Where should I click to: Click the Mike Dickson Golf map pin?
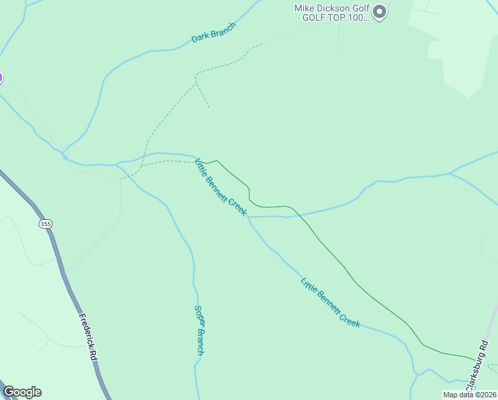pos(379,12)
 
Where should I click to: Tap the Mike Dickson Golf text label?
pos(331,13)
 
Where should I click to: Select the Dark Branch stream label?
pos(214,33)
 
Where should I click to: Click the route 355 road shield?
pos(45,224)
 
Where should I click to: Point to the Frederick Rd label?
pos(88,337)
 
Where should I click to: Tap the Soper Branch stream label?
pos(198,329)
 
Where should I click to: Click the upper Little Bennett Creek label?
pos(220,187)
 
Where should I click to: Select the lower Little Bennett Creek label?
pos(330,302)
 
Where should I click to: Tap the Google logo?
pos(22,392)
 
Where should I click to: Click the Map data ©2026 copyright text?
pos(469,395)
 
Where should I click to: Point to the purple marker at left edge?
pos(1,77)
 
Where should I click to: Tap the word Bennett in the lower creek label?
pos(330,302)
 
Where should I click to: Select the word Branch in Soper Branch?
pos(199,342)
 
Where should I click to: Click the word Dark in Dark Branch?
pos(200,38)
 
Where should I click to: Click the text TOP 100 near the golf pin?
pos(350,18)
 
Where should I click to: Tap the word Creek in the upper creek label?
pos(238,206)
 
